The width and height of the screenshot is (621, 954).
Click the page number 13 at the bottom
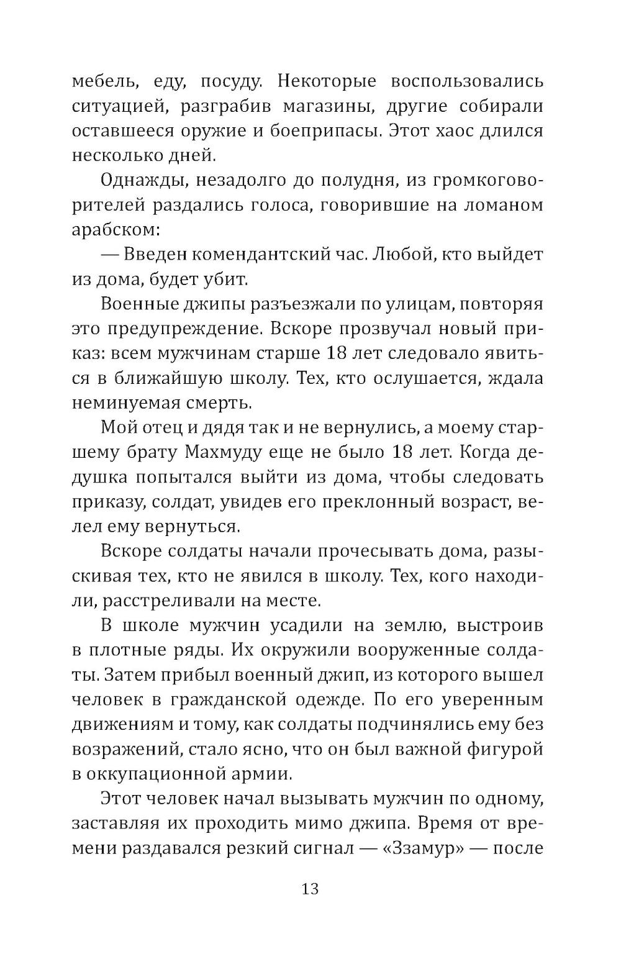(310, 889)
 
